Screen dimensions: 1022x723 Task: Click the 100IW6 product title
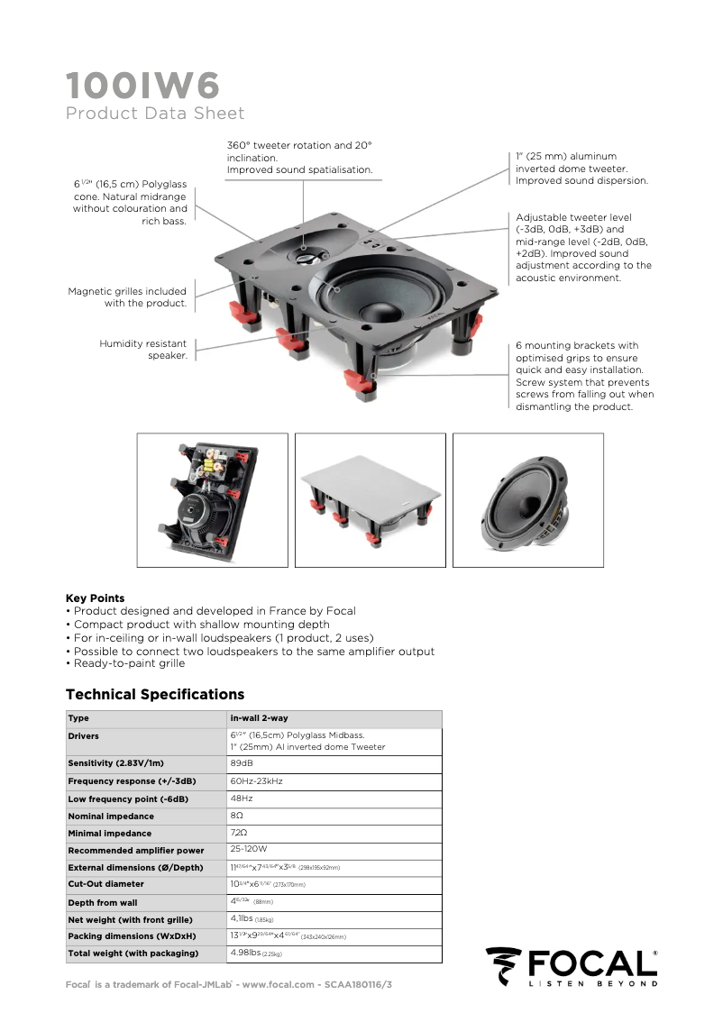(142, 86)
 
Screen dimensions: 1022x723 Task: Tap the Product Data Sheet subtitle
(155, 114)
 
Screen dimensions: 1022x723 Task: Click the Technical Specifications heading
(155, 695)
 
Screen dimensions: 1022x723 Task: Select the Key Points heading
(95, 598)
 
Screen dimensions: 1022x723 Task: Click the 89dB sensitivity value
(242, 763)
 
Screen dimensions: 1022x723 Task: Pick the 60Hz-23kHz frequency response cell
(256, 780)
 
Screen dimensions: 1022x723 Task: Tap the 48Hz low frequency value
(242, 798)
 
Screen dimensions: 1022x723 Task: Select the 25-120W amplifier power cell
(249, 849)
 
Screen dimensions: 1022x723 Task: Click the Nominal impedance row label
(111, 817)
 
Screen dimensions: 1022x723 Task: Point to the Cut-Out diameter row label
(105, 884)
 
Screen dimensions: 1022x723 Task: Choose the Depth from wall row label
(103, 902)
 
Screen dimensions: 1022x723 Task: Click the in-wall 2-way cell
(259, 718)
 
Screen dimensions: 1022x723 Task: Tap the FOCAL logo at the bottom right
(572, 966)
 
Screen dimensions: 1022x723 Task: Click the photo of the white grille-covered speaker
(370, 501)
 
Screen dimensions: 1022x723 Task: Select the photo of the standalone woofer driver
(527, 501)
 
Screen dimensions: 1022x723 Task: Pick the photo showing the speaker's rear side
(212, 501)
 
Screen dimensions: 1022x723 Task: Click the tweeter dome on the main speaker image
(304, 254)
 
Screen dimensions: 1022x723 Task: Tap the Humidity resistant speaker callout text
(143, 350)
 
